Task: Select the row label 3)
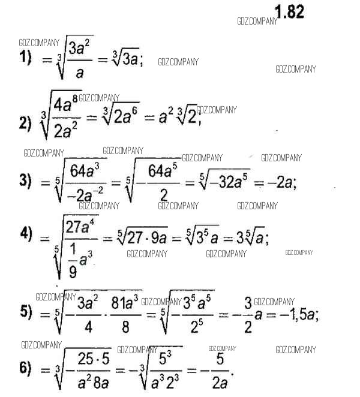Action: [x=25, y=182]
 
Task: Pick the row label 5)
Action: [x=25, y=312]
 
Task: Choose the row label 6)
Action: [x=25, y=368]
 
